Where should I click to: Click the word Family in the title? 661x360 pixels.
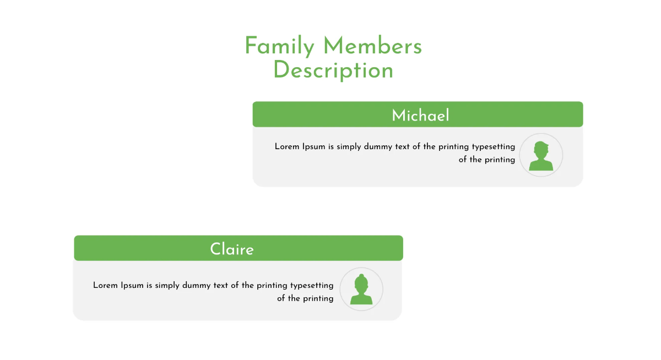tap(279, 46)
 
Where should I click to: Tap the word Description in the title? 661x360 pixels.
tap(333, 70)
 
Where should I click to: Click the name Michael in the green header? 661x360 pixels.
tap(420, 116)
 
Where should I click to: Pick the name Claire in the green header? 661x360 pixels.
tap(232, 249)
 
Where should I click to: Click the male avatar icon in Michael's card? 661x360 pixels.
tap(541, 155)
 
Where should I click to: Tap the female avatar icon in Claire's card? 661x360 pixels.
tap(361, 290)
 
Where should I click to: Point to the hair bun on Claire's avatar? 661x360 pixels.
tap(361, 276)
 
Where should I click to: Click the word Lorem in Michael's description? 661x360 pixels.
tap(287, 147)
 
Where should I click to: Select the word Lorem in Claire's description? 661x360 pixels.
tap(105, 286)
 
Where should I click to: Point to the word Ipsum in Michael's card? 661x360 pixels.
tap(313, 147)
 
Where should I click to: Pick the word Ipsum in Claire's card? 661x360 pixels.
tap(132, 286)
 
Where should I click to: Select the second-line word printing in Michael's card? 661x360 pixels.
tap(500, 160)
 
